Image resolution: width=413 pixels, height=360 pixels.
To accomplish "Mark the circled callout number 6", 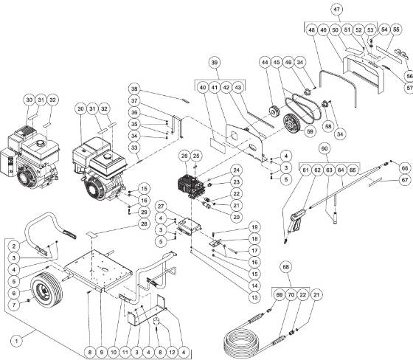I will click(13, 293).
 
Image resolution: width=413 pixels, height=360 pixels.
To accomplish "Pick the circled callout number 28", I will click(145, 224).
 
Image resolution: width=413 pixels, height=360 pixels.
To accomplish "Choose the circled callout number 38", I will click(134, 87).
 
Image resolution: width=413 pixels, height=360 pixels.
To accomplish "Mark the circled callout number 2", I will click(13, 246).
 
